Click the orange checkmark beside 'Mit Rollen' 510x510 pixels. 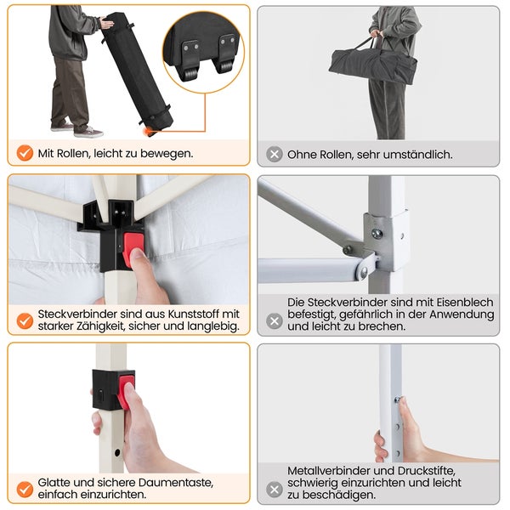pyautogui.click(x=25, y=153)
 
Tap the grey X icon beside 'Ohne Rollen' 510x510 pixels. pyautogui.click(x=275, y=154)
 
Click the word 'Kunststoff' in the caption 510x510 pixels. pyautogui.click(x=194, y=314)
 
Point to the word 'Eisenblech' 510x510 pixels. pyautogui.click(x=465, y=302)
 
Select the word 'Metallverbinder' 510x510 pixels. pyautogui.click(x=328, y=471)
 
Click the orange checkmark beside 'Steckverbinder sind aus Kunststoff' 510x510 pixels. pyautogui.click(x=25, y=320)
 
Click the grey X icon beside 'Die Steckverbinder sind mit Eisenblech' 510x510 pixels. pyautogui.click(x=275, y=321)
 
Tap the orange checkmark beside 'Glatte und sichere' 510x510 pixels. pyautogui.click(x=25, y=490)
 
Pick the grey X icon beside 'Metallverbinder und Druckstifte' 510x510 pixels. pyautogui.click(x=275, y=490)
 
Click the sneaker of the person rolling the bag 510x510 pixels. pyautogui.click(x=88, y=132)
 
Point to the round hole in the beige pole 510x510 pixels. pyautogui.click(x=117, y=452)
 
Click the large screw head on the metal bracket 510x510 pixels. pyautogui.click(x=377, y=234)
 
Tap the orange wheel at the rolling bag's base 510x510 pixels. pyautogui.click(x=150, y=132)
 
